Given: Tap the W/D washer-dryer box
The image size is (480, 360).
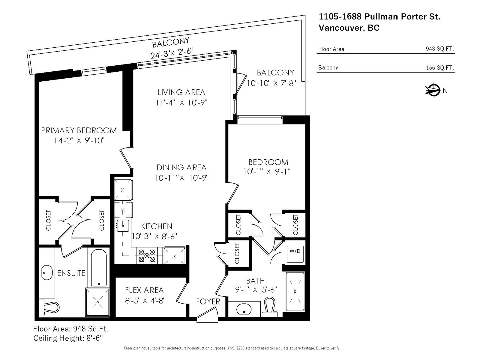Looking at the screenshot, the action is coord(295,254).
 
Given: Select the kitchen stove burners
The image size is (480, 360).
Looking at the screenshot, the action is coord(147,256).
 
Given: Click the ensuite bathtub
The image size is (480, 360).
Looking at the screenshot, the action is coord(99,268).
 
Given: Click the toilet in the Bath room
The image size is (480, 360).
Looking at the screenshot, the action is coord(270,307).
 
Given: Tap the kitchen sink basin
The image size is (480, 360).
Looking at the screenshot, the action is coord(123,226).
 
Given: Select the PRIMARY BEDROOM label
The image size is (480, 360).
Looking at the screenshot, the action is coord(79,130).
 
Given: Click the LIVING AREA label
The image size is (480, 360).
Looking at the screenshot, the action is coord(181,92).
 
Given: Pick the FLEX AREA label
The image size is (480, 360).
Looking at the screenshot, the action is coord(144,290).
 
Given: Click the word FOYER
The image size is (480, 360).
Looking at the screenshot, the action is coord(208,301).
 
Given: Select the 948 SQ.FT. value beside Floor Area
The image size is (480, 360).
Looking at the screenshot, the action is coord(440,49).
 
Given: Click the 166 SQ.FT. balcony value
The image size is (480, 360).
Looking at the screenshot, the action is coord(440,67).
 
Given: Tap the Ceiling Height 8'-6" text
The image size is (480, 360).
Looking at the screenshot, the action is coord(68,338).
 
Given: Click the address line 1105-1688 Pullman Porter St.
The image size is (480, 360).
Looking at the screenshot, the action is coord(379,16).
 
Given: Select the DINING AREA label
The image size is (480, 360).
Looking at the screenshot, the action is coord(181,168).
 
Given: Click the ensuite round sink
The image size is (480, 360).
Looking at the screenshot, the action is coord(47,273).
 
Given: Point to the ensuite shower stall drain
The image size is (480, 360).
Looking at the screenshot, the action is coord(97,302).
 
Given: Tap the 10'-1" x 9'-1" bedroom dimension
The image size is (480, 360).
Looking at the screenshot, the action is coord(267,172).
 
